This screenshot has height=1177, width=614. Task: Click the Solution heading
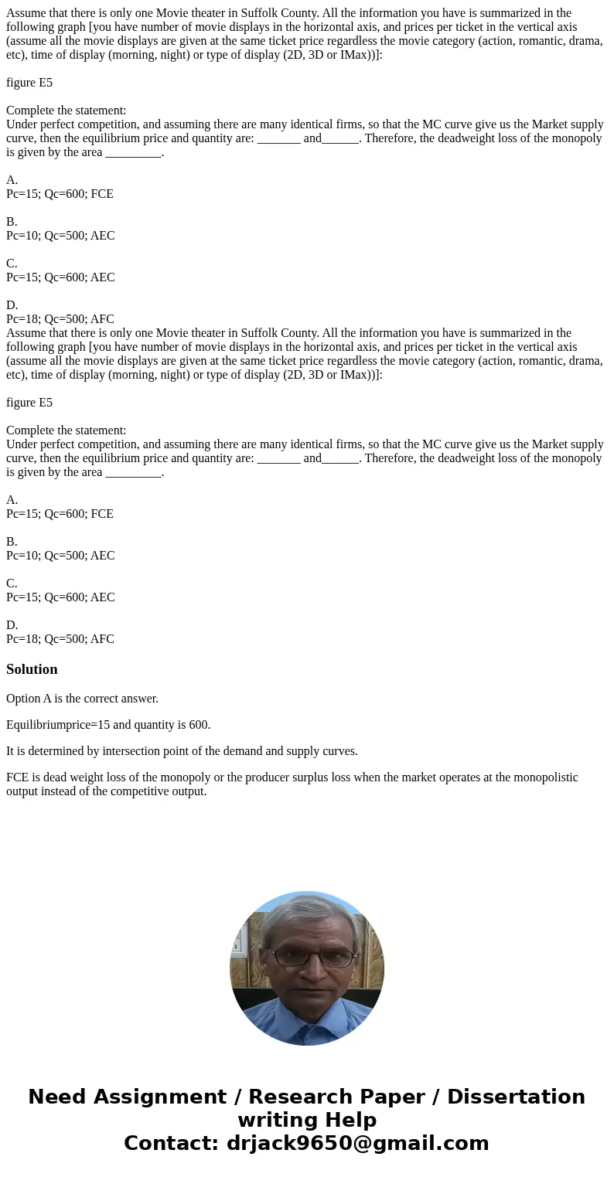click(x=32, y=669)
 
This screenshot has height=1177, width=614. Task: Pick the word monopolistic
click(x=544, y=777)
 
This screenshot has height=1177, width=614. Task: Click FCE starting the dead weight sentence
click(x=18, y=777)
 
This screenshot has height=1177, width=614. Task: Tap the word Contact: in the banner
click(x=172, y=1144)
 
